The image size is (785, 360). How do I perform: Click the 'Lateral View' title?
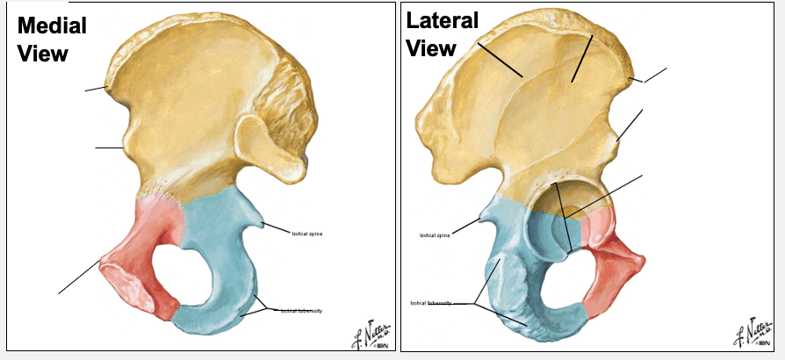442,32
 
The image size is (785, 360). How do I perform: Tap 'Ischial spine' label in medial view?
309,233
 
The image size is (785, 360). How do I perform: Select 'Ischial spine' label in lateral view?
436,235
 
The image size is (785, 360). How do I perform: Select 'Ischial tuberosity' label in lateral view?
430,303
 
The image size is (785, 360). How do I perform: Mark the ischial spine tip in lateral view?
478,220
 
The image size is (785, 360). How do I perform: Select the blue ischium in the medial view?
215,220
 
